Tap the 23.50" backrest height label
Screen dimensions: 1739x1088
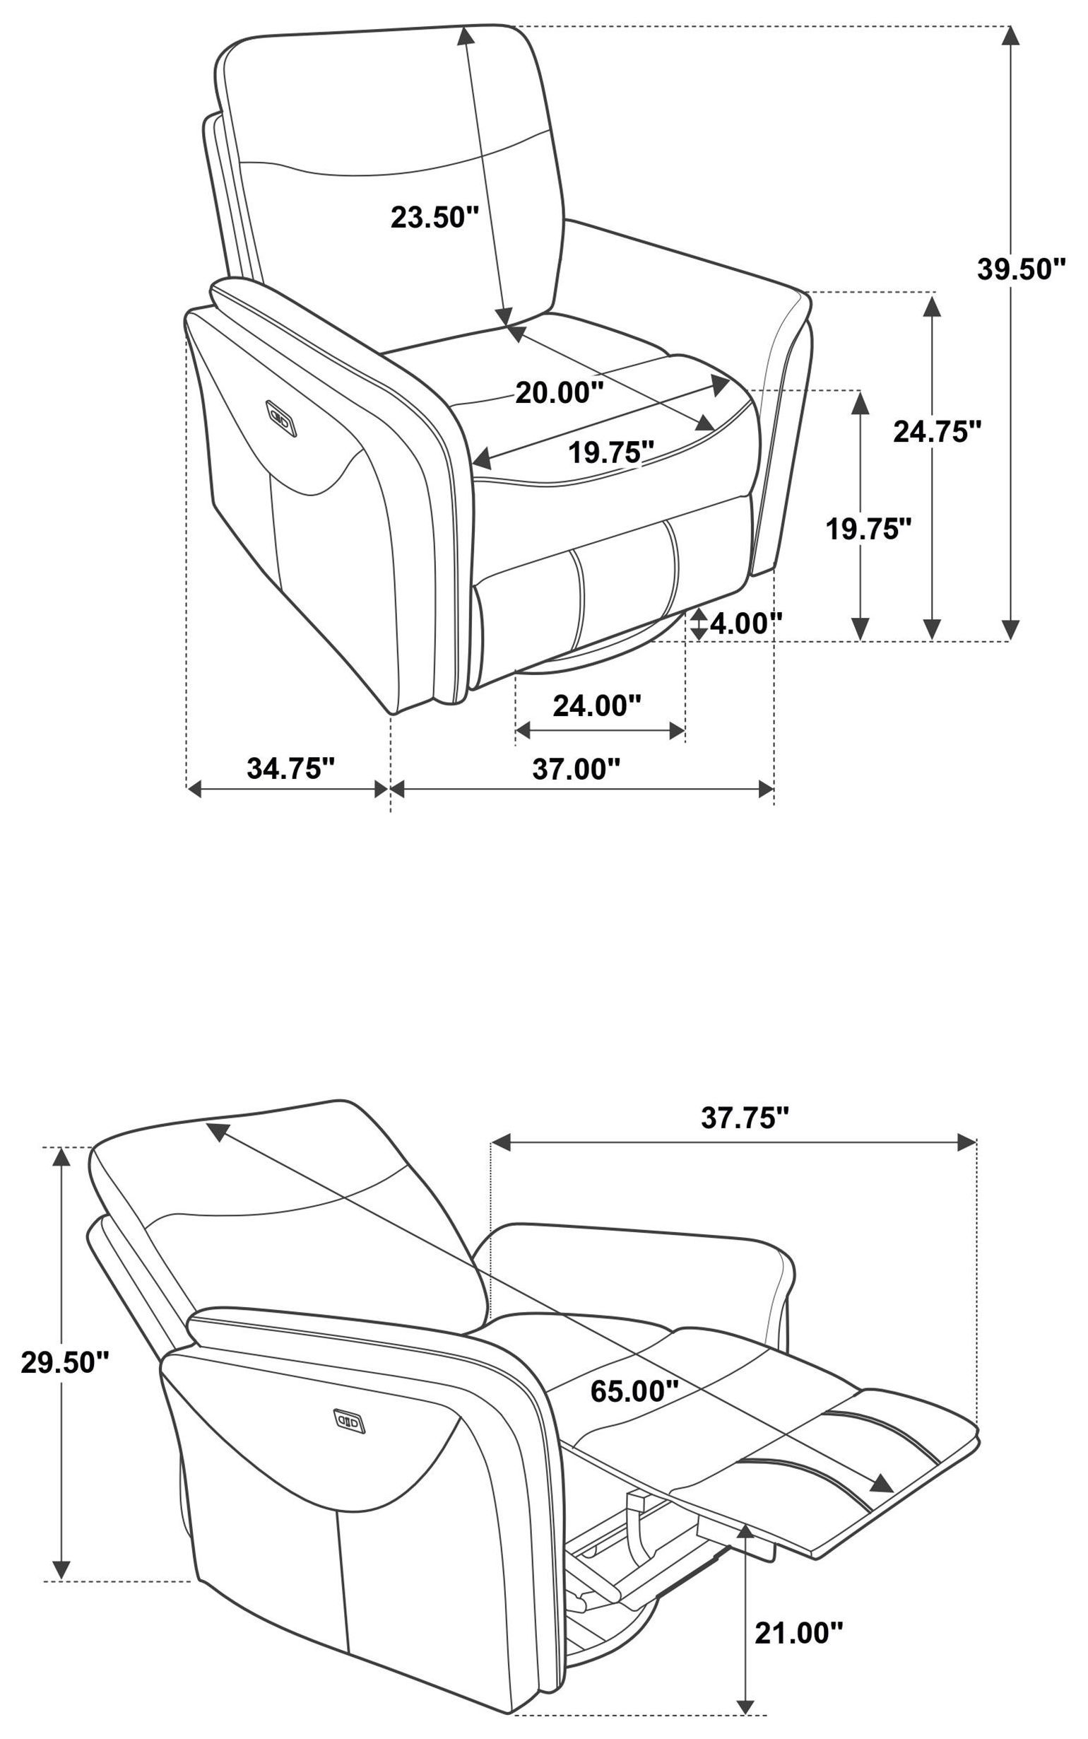coord(434,216)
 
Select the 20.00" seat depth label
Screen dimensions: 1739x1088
coord(559,392)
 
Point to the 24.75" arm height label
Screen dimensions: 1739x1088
coord(937,432)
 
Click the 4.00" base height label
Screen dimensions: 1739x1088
coord(745,623)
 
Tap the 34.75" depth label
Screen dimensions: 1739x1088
coord(291,768)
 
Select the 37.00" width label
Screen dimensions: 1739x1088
coord(576,768)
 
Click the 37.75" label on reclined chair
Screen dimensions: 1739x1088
coord(745,1118)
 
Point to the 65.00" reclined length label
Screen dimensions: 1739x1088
coord(634,1391)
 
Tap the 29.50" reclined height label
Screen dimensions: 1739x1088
coord(65,1362)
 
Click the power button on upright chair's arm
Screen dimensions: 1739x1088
coord(280,418)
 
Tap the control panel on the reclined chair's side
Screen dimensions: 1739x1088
coord(349,1422)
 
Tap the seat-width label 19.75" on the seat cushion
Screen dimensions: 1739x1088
coord(611,452)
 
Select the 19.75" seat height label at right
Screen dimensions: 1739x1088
coord(868,529)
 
